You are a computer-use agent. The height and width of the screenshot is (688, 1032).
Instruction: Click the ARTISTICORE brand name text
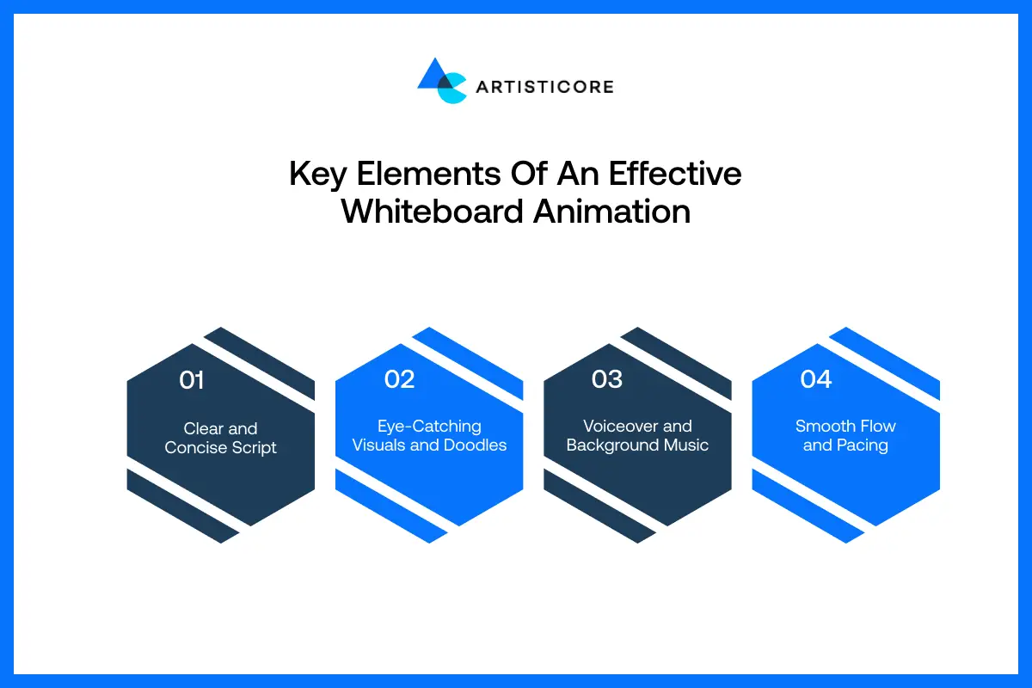point(544,86)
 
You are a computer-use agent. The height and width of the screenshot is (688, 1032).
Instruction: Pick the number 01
point(192,380)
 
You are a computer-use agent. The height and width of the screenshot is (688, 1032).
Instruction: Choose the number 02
point(400,379)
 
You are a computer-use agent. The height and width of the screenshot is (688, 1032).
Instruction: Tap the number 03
point(607,379)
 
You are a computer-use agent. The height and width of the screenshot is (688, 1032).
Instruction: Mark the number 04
point(816,379)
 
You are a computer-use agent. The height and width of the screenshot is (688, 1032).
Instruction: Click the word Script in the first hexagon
point(253,447)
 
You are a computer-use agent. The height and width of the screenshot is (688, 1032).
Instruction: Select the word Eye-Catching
point(429,426)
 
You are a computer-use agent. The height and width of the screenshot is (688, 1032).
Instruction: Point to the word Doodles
point(475,445)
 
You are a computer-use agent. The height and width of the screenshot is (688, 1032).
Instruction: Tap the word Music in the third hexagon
point(685,445)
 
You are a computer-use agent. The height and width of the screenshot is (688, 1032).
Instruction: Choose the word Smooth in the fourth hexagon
point(821,426)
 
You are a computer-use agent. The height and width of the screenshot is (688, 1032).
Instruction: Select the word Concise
point(194,447)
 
